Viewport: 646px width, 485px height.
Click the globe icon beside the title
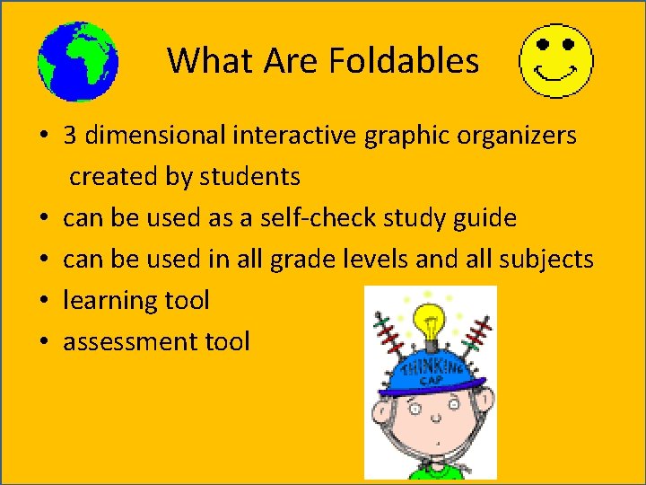click(x=77, y=61)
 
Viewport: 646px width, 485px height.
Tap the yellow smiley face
click(x=557, y=61)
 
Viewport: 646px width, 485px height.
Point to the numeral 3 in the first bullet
click(x=69, y=136)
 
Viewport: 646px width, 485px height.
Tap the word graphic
click(x=398, y=136)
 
